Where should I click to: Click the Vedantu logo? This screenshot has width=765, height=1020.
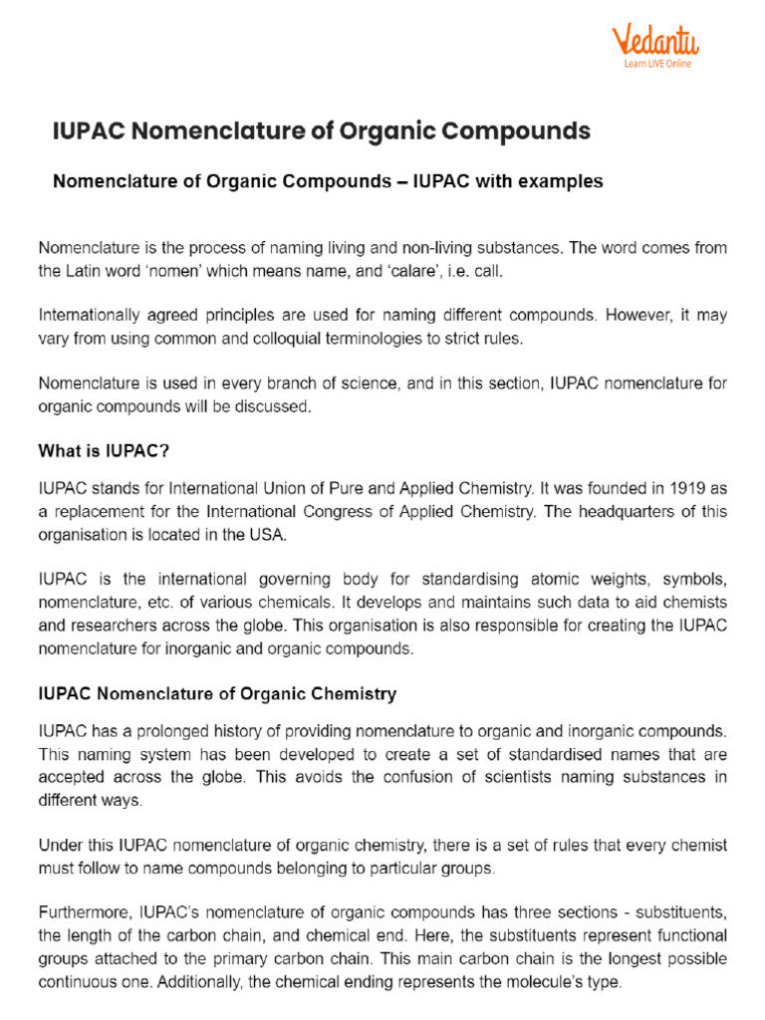[x=654, y=41]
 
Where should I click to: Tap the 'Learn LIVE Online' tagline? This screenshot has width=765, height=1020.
[x=657, y=64]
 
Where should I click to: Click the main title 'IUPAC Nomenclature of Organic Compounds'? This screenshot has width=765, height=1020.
[x=321, y=131]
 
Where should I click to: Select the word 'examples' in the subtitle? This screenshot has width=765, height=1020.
[x=555, y=182]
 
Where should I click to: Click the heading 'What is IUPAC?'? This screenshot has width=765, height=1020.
[x=104, y=451]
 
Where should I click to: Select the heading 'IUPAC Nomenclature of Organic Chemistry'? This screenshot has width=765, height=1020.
[x=217, y=693]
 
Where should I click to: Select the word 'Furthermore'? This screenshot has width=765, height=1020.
[x=84, y=912]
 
